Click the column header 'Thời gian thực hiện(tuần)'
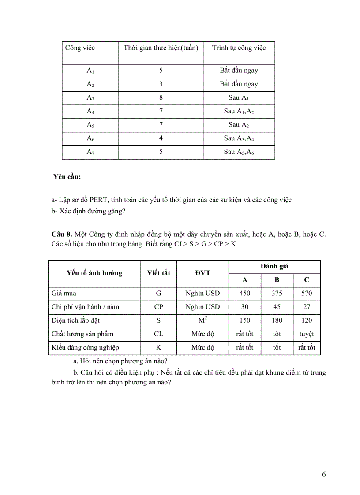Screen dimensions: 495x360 click(x=161, y=48)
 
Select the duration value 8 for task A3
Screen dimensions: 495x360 click(x=161, y=97)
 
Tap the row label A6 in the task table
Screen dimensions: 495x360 click(x=90, y=138)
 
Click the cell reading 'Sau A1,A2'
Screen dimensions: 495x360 click(x=239, y=111)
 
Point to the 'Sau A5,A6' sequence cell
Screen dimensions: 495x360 click(x=239, y=152)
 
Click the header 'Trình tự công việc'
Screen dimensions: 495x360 click(x=239, y=48)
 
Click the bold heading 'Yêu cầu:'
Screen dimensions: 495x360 click(x=67, y=177)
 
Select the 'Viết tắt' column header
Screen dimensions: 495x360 click(x=158, y=273)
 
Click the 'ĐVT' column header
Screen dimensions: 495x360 click(x=202, y=273)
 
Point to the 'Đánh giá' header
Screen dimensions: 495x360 click(x=274, y=266)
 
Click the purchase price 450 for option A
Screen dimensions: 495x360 click(x=244, y=294)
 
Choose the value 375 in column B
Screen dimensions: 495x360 click(x=277, y=294)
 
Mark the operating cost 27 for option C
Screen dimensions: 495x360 click(x=307, y=307)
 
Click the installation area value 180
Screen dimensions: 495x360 click(x=277, y=320)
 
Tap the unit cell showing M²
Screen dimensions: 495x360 click(x=202, y=320)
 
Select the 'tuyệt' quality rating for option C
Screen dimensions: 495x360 click(x=307, y=334)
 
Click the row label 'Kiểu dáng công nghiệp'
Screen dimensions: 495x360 click(x=85, y=348)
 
